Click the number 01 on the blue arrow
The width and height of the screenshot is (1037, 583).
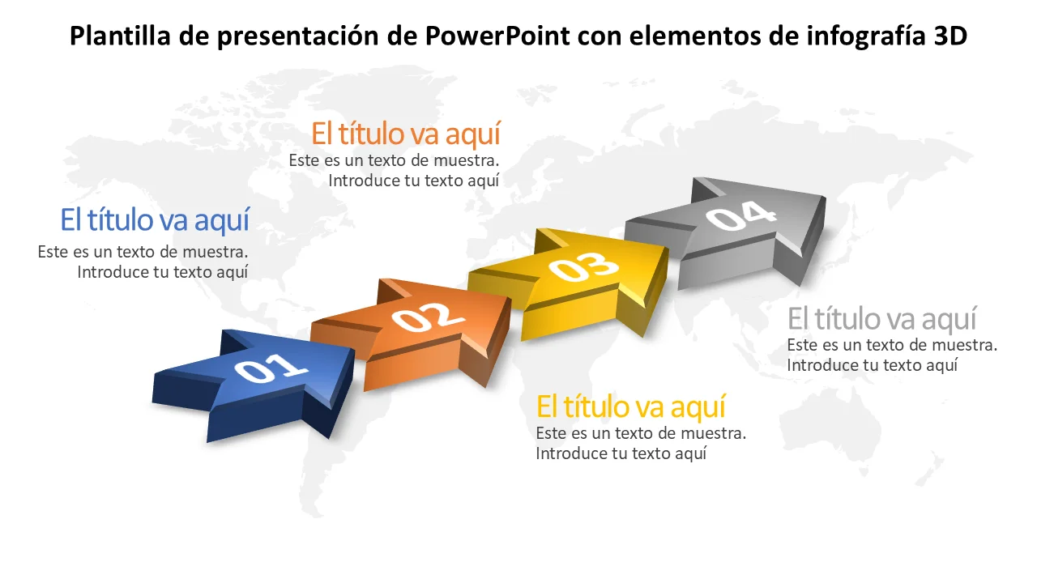coord(271,368)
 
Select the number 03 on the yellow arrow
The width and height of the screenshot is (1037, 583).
coord(583,267)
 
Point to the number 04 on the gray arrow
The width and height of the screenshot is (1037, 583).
coord(740,215)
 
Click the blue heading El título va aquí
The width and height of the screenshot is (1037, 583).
coord(155,220)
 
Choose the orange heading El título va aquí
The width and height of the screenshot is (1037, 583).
coord(406,134)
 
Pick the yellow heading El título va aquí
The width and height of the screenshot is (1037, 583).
coord(630,407)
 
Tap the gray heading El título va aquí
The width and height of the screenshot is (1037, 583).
coord(882,319)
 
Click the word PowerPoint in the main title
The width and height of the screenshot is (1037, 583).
coord(497,36)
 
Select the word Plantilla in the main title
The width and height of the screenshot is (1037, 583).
coord(121,36)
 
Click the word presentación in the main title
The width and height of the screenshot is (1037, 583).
coord(298,36)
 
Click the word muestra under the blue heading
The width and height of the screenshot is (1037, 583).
coord(216,252)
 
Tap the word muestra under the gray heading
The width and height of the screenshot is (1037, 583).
coord(964,345)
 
